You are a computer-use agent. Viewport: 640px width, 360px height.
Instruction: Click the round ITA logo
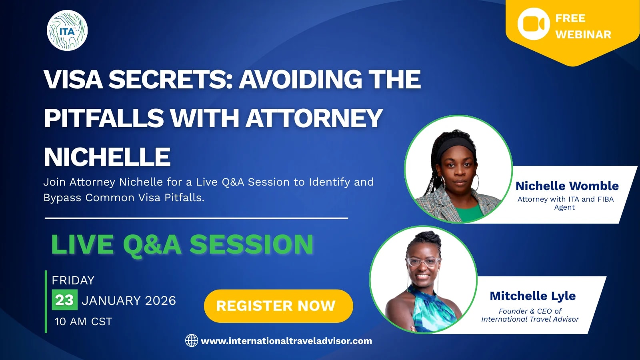(x=67, y=30)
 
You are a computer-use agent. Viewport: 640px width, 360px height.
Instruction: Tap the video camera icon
(x=534, y=24)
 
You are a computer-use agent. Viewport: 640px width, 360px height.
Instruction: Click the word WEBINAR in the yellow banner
(x=583, y=34)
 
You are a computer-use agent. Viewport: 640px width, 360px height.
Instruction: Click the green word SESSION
(x=252, y=244)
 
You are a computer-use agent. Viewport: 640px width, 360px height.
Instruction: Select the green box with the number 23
(x=64, y=300)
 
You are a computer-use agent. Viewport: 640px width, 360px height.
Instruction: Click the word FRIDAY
(x=73, y=280)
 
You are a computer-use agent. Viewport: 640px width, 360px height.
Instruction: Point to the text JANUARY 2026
(x=129, y=300)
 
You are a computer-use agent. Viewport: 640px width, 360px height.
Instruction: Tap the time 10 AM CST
(x=84, y=322)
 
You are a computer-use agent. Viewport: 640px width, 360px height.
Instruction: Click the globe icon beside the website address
(x=192, y=340)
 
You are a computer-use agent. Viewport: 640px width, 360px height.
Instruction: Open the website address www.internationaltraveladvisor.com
(x=286, y=341)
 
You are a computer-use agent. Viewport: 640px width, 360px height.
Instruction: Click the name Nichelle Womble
(x=567, y=186)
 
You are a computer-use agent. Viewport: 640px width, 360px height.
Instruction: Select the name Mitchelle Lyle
(x=532, y=296)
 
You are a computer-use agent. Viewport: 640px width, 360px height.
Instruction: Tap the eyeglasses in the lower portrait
(x=423, y=262)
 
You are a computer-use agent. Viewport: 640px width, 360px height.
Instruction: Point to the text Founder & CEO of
(x=530, y=311)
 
